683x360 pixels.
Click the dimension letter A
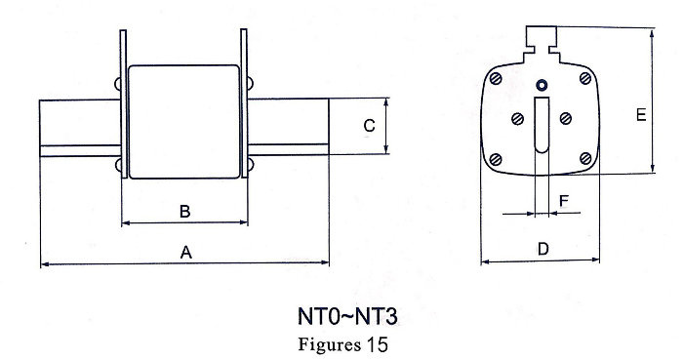[186, 252]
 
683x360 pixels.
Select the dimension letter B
[185, 212]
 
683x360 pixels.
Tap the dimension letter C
[369, 126]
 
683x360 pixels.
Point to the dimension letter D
[543, 249]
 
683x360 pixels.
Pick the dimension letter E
[641, 115]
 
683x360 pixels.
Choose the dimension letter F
[564, 201]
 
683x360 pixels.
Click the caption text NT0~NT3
[347, 316]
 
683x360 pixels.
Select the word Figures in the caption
[330, 344]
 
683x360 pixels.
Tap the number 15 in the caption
[377, 344]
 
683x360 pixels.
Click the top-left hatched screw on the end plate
[496, 79]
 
